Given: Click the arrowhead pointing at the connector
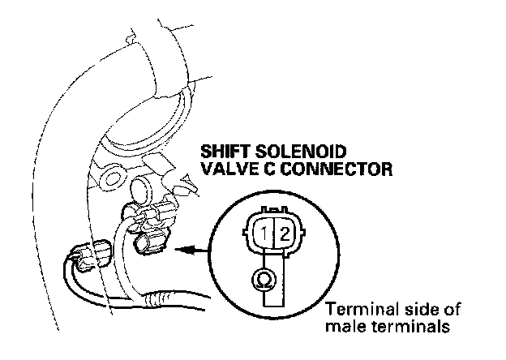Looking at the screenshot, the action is (x=180, y=251).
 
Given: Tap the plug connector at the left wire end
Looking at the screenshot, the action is (x=93, y=252).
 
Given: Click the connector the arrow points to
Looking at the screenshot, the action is (x=153, y=242).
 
